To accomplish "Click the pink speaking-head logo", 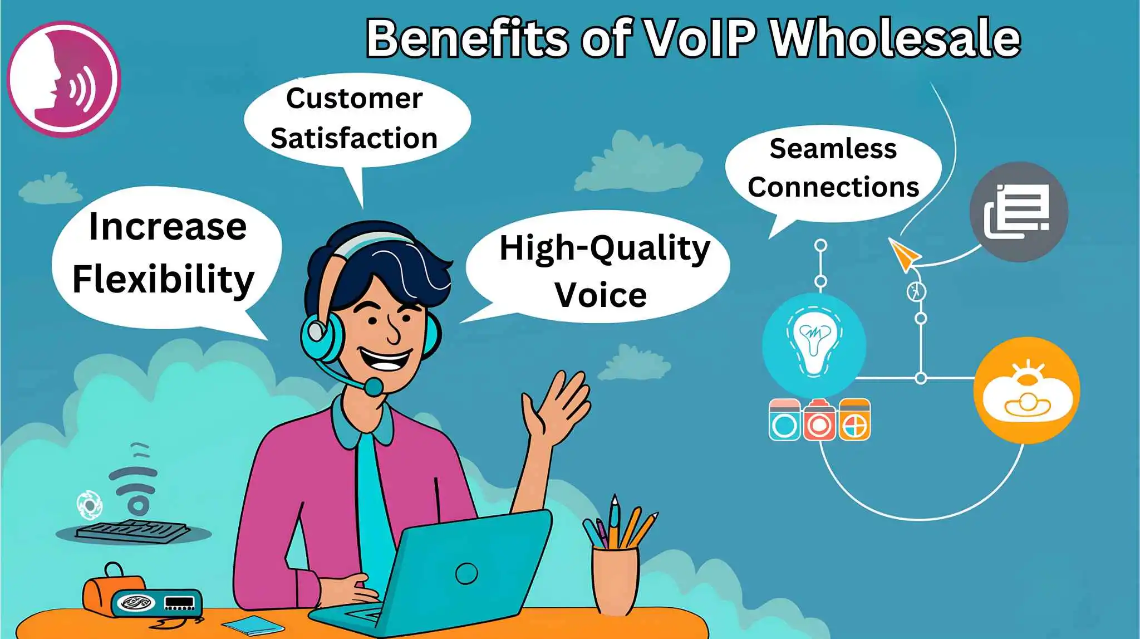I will coord(63,79).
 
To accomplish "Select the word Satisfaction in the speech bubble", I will coord(354,138).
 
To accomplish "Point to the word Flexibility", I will coord(163,279).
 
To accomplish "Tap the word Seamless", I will coord(833,149).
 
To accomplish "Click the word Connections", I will coord(833,187).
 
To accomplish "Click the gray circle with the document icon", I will coord(1018,212).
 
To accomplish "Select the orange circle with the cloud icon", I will coord(1026,391).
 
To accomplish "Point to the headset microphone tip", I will coord(374,386).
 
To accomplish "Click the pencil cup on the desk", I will coord(615,579).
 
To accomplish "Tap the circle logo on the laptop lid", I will coord(466,573).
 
